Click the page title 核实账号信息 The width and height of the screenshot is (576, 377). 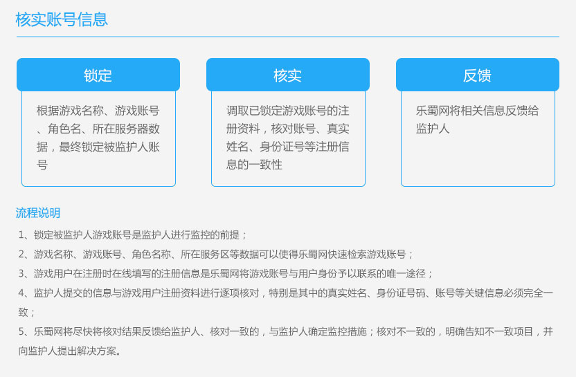[x=62, y=19]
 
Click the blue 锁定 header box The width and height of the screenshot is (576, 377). [x=98, y=75]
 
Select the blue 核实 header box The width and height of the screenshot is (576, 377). [x=287, y=75]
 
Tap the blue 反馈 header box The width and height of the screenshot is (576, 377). [x=478, y=75]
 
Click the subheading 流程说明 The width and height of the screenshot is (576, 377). [x=38, y=213]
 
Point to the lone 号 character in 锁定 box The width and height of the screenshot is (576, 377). [x=42, y=165]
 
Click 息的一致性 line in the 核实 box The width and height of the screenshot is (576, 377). [x=254, y=165]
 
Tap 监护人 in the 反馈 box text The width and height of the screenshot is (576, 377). [x=433, y=129]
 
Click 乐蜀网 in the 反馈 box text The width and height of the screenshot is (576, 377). [x=433, y=111]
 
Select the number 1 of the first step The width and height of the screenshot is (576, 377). [x=21, y=235]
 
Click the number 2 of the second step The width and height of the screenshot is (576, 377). [x=21, y=255]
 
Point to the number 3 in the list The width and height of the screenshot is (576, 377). [x=21, y=274]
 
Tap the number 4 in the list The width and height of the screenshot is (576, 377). [x=21, y=293]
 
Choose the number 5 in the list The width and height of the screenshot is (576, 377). [x=21, y=332]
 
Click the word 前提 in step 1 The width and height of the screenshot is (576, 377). [x=230, y=235]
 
